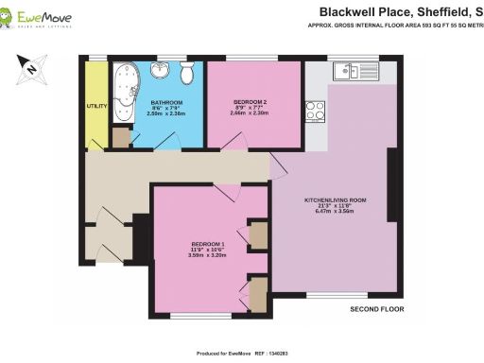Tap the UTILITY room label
pyautogui.click(x=96, y=107)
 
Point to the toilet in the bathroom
pyautogui.click(x=187, y=76)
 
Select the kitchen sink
pyautogui.click(x=356, y=72)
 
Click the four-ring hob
pyautogui.click(x=315, y=112)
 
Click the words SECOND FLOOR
pyautogui.click(x=376, y=309)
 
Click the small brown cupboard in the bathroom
pyautogui.click(x=120, y=137)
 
